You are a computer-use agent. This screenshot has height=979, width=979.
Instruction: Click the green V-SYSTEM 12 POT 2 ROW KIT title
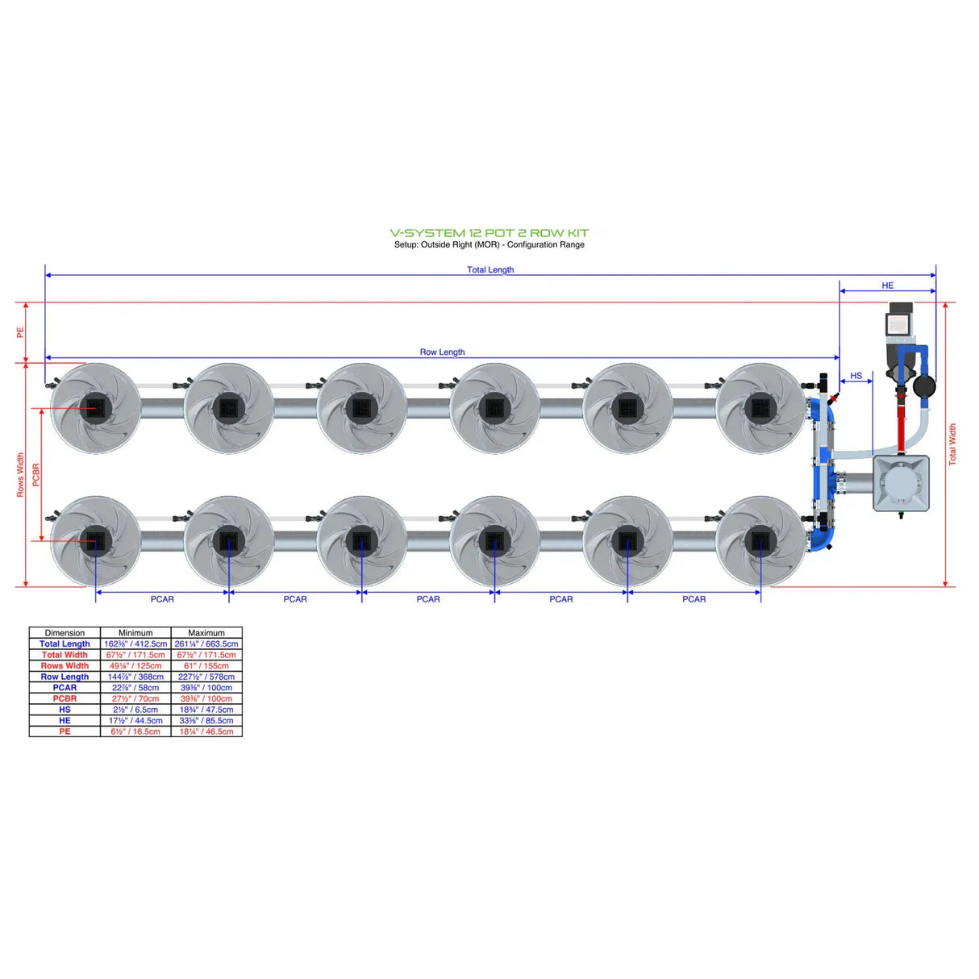489,232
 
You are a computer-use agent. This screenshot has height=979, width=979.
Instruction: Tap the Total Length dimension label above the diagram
489,269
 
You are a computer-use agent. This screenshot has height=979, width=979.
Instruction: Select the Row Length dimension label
442,352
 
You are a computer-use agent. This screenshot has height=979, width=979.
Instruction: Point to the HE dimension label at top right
887,285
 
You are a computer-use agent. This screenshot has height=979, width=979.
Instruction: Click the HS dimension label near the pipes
856,376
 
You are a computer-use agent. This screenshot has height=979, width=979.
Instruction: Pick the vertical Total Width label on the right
952,444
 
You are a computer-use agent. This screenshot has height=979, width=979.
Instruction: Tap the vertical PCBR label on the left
36,474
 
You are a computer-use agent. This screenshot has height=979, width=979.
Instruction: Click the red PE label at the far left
21,332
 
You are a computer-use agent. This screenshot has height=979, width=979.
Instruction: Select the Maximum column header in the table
206,633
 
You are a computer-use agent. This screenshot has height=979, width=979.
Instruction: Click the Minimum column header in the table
135,633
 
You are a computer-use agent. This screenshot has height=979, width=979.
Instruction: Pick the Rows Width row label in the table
65,666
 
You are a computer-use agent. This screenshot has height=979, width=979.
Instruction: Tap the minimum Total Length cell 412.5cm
135,644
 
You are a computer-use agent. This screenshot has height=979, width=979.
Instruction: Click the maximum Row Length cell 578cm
206,677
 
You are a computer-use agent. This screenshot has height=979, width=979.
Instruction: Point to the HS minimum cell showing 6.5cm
135,710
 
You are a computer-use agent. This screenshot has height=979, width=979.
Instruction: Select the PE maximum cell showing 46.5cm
206,731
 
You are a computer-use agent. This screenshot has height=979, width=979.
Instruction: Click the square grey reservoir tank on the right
901,483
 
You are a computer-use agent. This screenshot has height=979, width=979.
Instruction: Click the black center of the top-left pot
96,407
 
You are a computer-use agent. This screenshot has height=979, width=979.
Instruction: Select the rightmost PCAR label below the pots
694,599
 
